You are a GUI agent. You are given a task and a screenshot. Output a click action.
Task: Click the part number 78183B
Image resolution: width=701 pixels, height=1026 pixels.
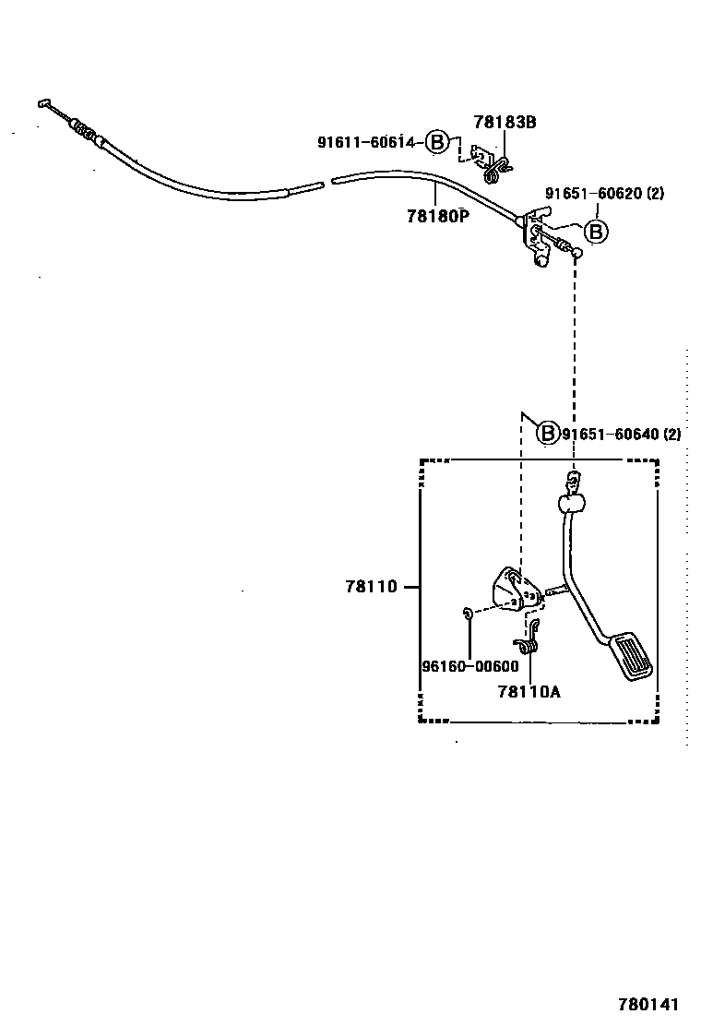coord(505,121)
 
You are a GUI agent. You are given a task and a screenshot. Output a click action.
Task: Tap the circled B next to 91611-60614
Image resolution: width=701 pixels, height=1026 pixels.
coord(437,142)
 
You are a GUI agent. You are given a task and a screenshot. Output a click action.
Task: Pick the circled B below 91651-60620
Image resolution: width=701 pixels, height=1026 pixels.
coord(597,232)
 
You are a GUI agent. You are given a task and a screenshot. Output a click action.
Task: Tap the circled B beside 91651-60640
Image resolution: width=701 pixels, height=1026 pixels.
coord(548,433)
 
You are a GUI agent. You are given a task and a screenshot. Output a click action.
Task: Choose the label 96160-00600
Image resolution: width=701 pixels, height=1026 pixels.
coord(469,666)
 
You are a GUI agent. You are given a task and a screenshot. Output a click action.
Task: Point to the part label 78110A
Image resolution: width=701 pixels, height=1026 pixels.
coord(529,690)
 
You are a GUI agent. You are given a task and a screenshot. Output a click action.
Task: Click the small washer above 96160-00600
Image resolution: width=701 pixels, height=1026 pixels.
coord(469,612)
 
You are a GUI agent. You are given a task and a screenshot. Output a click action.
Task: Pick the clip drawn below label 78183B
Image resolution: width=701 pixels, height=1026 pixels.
coord(494,164)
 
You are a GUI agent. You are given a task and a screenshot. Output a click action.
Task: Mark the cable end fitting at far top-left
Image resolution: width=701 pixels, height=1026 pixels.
coord(46,104)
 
